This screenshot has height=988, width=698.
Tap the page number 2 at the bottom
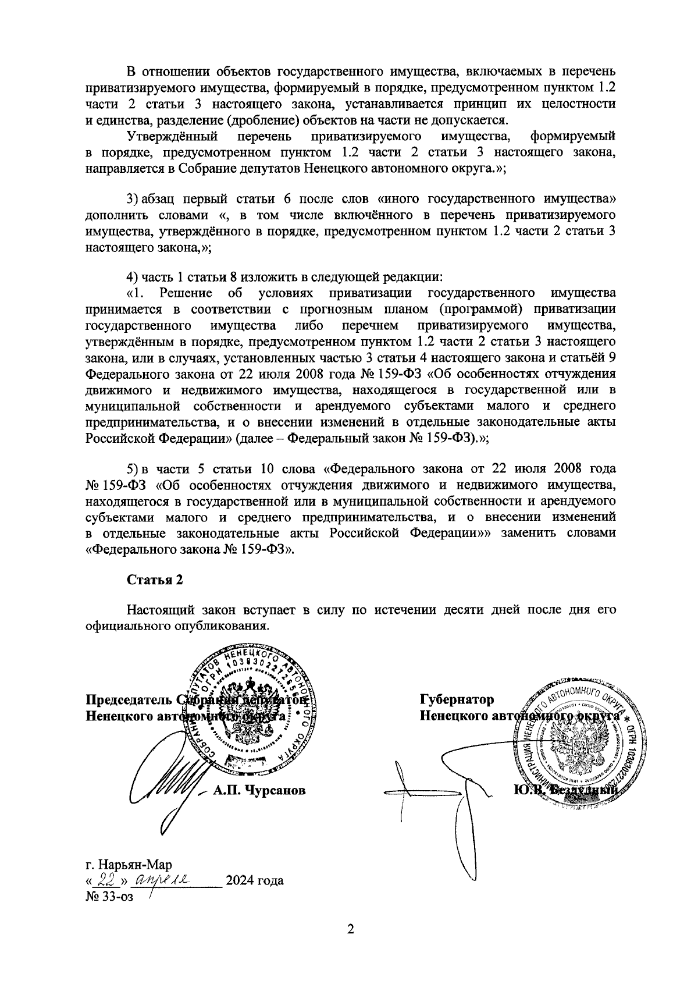[x=350, y=929]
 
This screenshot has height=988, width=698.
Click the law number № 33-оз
[x=109, y=897]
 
